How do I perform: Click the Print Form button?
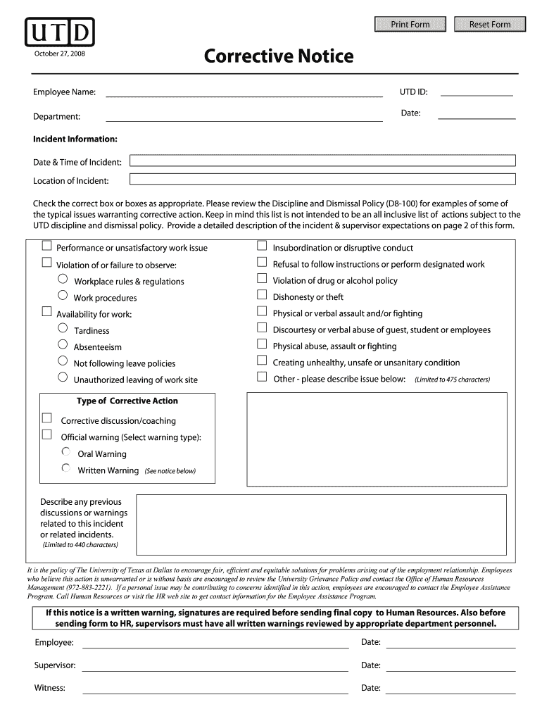point(410,25)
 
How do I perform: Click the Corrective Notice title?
point(279,56)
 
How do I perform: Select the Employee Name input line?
point(244,92)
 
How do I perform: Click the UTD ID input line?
point(476,92)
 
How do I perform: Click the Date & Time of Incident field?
point(323,161)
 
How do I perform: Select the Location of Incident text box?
point(323,180)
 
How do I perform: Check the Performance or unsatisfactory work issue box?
point(47,246)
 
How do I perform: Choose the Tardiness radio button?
point(63,330)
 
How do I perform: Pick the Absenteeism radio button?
point(63,346)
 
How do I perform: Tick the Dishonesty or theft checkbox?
point(262,296)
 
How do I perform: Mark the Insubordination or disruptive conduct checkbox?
point(262,246)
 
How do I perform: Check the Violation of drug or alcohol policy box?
point(262,280)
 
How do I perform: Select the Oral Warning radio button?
point(66,453)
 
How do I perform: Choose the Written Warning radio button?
point(66,469)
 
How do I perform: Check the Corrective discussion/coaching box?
point(47,420)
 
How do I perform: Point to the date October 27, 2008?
point(59,54)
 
